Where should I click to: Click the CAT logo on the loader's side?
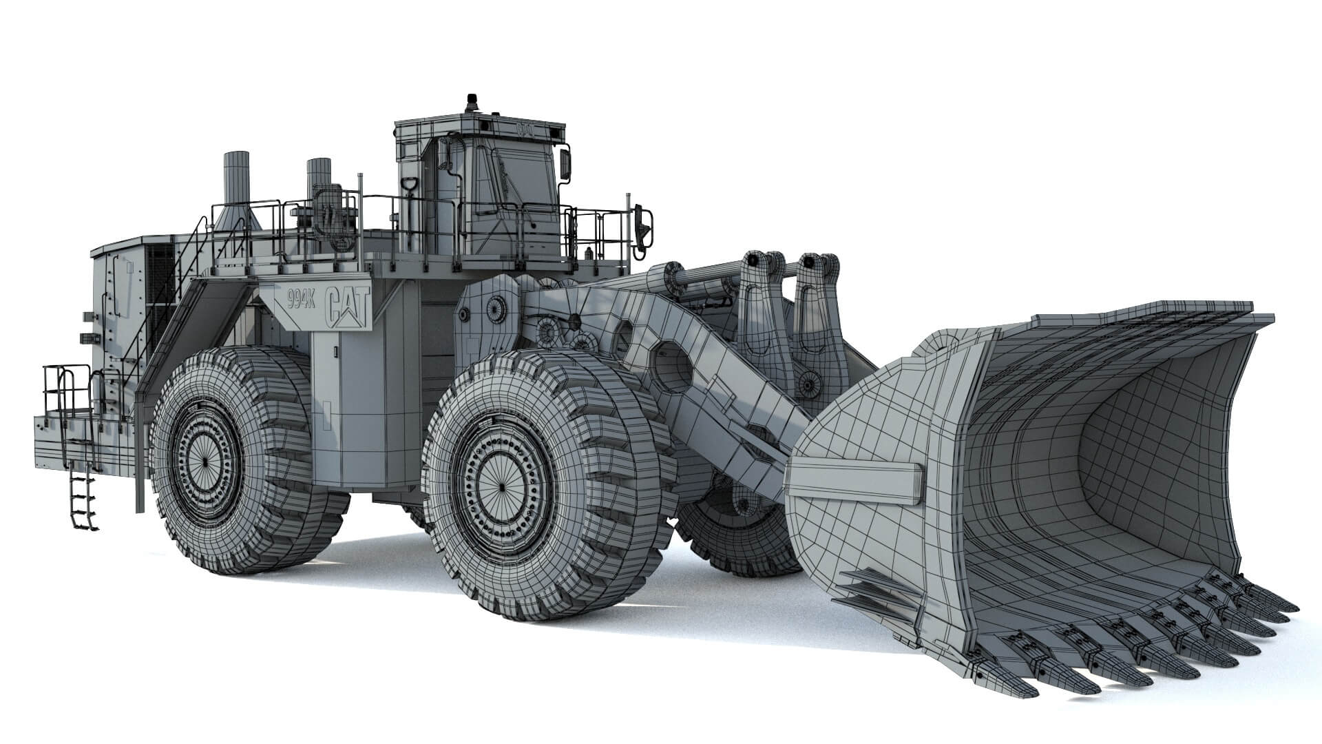tap(348, 305)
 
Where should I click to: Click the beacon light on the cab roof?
tap(472, 101)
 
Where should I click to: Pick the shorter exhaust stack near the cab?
tap(319, 180)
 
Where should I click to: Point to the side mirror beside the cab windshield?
tap(565, 164)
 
